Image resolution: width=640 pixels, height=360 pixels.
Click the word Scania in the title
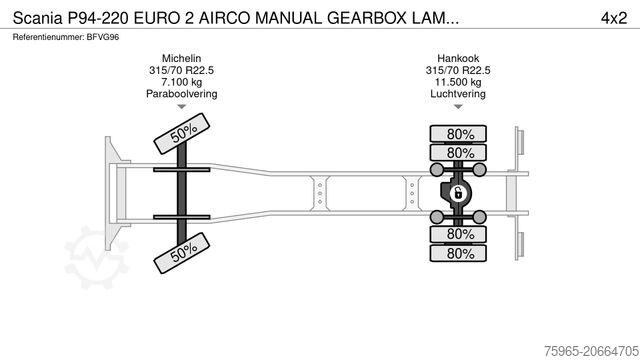(x=34, y=17)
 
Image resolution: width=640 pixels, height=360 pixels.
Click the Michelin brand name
(x=181, y=59)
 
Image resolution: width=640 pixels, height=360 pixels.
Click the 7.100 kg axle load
(x=181, y=82)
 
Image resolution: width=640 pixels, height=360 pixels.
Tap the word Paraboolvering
(x=181, y=94)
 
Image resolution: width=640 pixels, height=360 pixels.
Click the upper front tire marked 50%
(x=181, y=132)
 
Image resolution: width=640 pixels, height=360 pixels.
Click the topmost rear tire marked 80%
(x=460, y=134)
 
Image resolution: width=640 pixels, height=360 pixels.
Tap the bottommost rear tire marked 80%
(x=460, y=253)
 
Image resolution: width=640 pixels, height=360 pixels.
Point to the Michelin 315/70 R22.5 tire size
(x=181, y=71)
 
